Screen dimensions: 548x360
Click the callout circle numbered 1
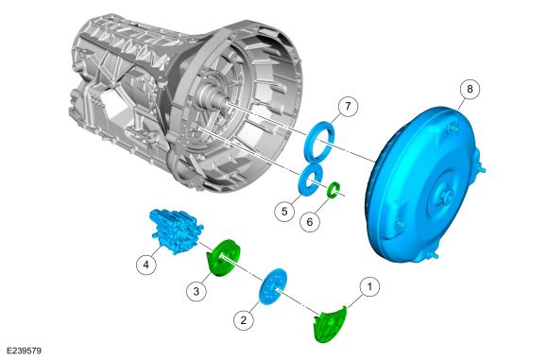point(369,286)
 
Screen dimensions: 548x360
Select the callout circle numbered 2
point(244,319)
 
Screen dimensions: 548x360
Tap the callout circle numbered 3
point(197,290)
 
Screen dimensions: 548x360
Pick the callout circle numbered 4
point(146,265)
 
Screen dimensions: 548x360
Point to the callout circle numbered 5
point(284,211)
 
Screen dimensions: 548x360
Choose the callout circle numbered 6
point(310,221)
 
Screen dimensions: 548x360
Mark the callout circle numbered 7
point(348,106)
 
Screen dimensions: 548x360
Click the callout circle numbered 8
point(470,89)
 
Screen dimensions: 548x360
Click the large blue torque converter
point(424,185)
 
